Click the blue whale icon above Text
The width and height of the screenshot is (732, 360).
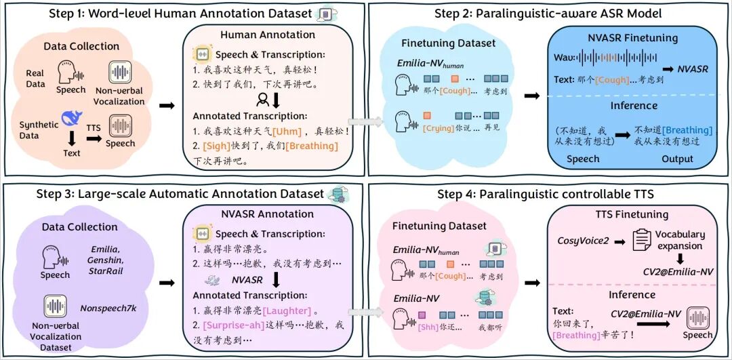pos(71,119)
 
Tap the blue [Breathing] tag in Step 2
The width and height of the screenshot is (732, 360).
pos(687,130)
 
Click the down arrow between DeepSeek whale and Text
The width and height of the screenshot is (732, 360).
pos(71,138)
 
